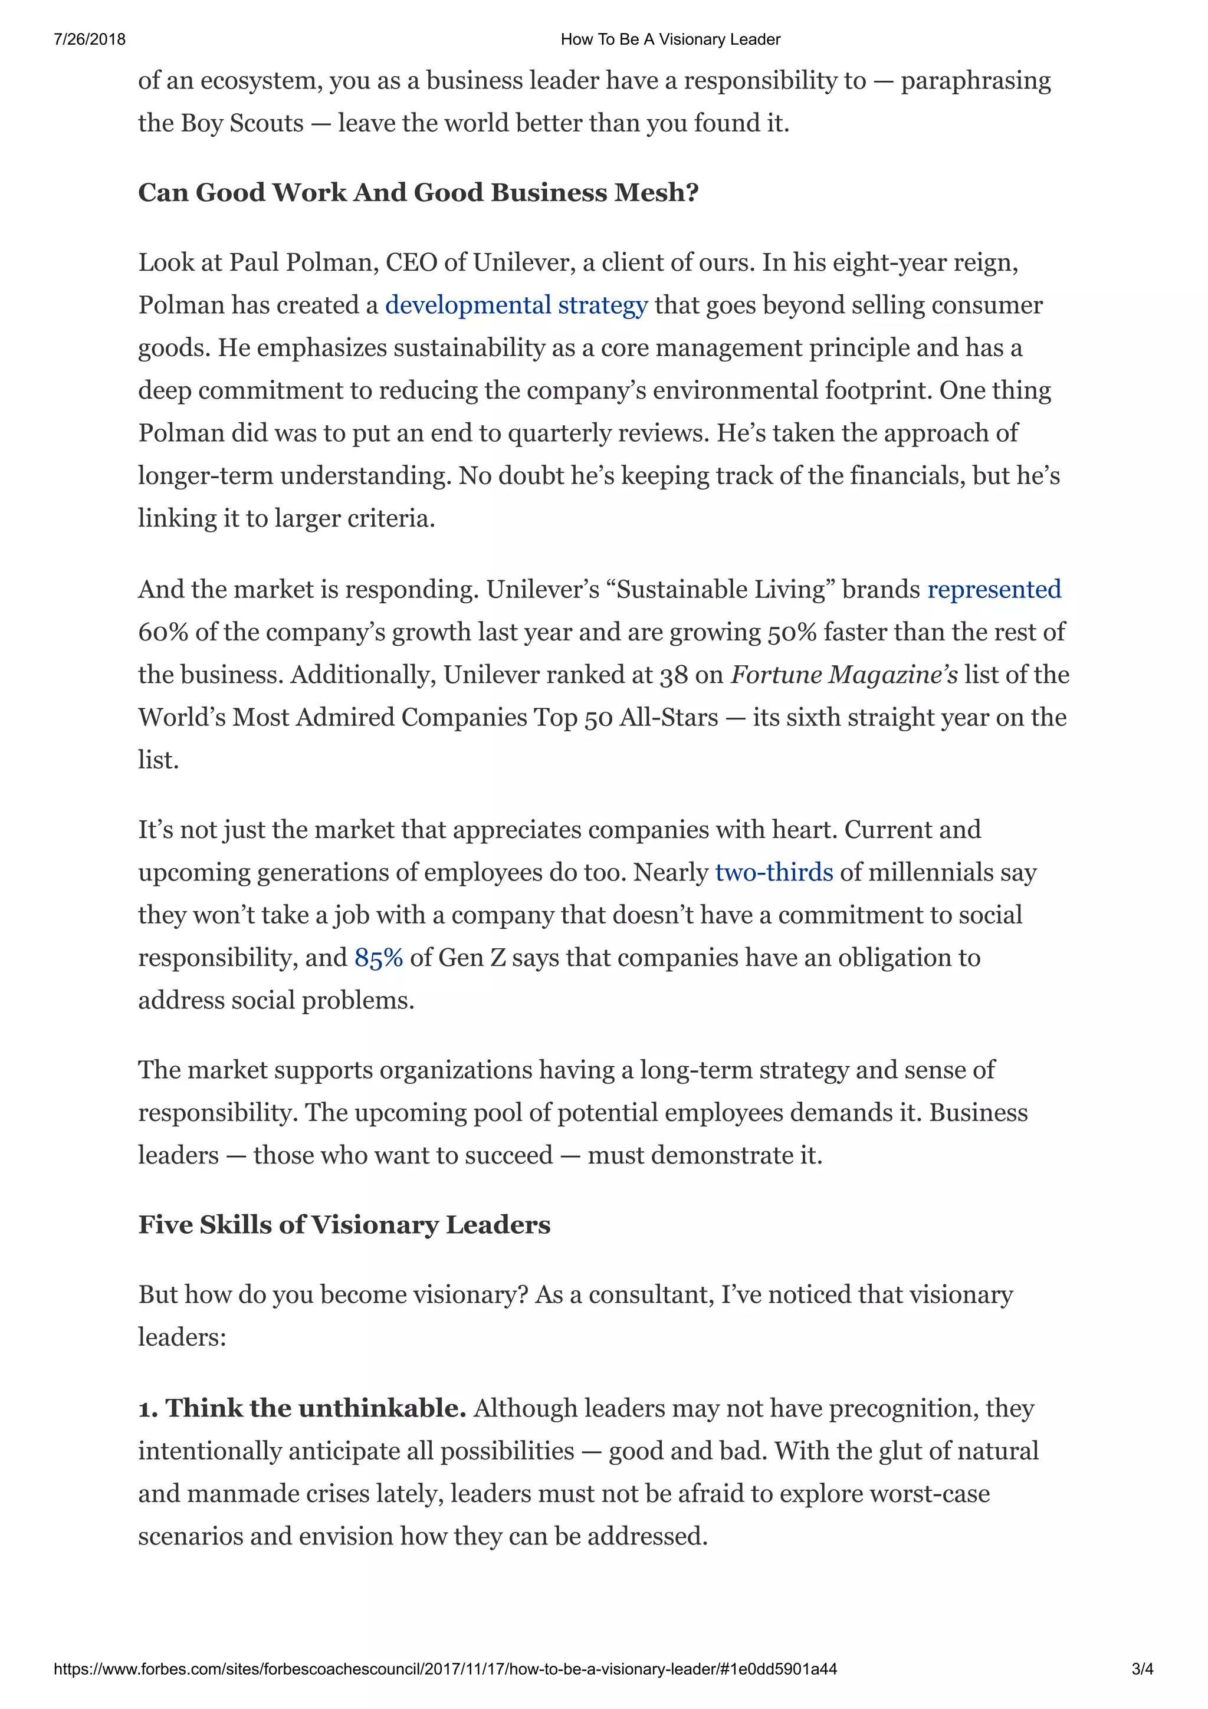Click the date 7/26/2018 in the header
(x=89, y=40)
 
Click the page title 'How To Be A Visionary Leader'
(x=670, y=40)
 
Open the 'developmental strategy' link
(x=516, y=305)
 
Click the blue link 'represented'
(x=994, y=590)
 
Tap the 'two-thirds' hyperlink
(x=773, y=872)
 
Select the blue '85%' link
(x=378, y=958)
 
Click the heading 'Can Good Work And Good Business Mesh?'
(x=418, y=193)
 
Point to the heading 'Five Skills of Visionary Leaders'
(x=344, y=1225)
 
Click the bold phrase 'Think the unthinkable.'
(x=316, y=1408)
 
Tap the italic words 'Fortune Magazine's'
(x=844, y=675)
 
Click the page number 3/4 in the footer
(x=1142, y=1669)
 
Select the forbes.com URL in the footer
(x=445, y=1669)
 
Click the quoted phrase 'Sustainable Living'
(x=720, y=590)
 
